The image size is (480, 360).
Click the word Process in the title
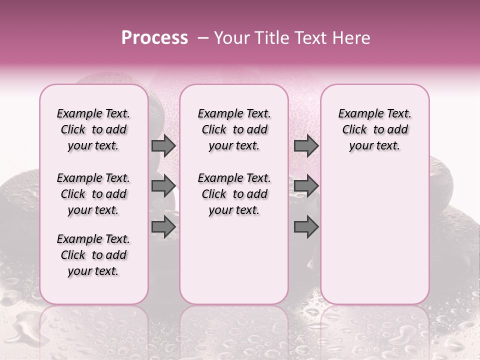pos(154,38)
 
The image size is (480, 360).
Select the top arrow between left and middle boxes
pos(163,146)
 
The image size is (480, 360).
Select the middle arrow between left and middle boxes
pos(163,186)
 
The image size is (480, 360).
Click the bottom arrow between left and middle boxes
pos(163,227)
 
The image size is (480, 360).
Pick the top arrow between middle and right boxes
pos(306,146)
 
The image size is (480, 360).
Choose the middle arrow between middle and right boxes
pos(306,186)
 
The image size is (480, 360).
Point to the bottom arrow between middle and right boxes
pos(306,227)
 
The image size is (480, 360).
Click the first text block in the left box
pos(93,129)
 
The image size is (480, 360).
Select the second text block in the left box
pos(93,194)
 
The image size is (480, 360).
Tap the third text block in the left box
pos(93,255)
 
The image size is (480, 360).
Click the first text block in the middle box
pos(234,129)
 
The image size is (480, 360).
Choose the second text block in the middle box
pos(234,194)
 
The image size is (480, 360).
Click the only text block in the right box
pos(374,129)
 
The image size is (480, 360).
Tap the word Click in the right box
pos(354,130)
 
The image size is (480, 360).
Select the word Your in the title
pos(231,38)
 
